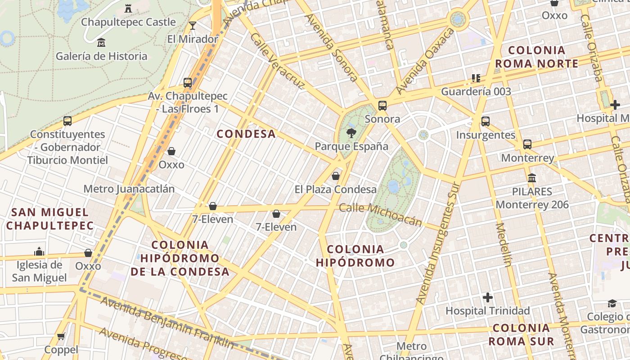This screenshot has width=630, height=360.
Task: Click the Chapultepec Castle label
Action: [128, 22]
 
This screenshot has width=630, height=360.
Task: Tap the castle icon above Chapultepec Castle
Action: [128, 8]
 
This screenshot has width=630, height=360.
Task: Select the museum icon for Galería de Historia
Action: [101, 43]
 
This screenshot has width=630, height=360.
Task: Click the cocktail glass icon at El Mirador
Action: [193, 26]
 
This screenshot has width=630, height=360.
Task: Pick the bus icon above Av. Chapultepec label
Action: [188, 83]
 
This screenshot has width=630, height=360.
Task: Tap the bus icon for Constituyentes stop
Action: [67, 121]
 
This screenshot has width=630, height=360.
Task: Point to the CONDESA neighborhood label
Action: [246, 134]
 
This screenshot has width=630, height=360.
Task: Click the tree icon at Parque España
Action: [351, 133]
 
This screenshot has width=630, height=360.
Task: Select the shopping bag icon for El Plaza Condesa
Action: [335, 176]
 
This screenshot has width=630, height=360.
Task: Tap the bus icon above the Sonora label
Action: [382, 106]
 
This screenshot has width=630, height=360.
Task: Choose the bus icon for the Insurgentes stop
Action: [486, 121]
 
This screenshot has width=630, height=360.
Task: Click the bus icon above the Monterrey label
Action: [527, 144]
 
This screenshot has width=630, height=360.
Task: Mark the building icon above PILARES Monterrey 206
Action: [532, 178]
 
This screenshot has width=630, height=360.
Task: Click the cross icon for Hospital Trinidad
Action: [487, 297]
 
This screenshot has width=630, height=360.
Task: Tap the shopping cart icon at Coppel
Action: [61, 336]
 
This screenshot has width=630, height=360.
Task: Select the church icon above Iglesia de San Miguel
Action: [39, 251]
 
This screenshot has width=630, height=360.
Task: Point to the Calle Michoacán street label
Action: [381, 215]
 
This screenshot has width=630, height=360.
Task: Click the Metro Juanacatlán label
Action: [129, 189]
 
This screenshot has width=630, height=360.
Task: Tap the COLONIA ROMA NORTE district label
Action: [536, 57]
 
